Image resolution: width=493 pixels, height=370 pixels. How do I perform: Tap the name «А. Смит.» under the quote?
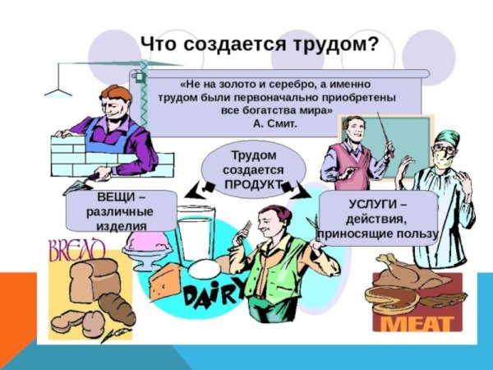(274, 123)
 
